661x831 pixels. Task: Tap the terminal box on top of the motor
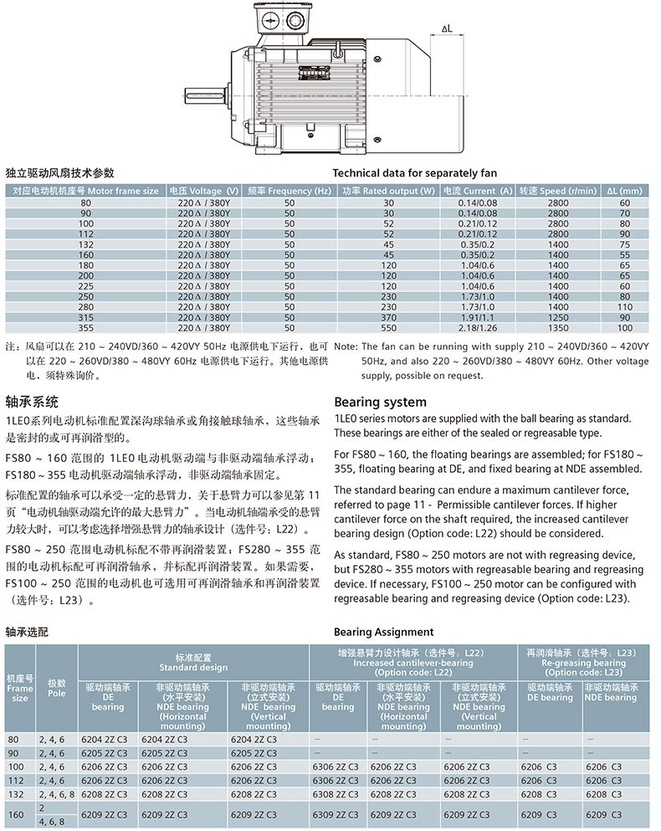[x=279, y=18]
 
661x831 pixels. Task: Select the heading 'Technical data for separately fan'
[x=415, y=173]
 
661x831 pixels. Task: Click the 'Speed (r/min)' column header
[x=556, y=191]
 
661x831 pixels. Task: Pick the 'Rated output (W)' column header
[x=388, y=191]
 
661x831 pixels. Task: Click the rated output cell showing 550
[x=388, y=328]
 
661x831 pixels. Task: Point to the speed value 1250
[x=558, y=318]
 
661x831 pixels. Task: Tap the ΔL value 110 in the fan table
[x=624, y=307]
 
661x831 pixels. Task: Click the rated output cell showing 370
[x=388, y=318]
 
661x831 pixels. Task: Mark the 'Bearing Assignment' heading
[x=384, y=632]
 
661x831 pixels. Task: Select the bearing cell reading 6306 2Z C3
[x=336, y=767]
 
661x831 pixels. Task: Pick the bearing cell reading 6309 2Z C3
[x=336, y=813]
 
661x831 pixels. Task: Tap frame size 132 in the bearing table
[x=13, y=792]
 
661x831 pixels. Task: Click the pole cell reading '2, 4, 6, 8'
[x=56, y=792]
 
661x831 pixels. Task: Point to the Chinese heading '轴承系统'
[x=33, y=401]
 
